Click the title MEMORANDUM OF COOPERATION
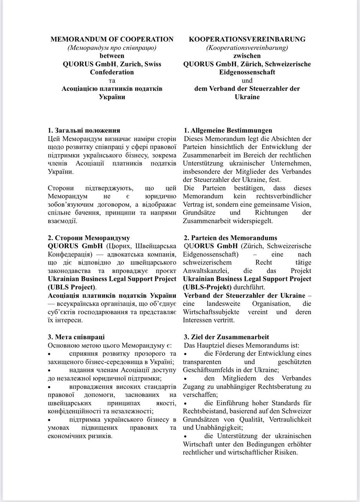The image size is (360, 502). [x=112, y=39]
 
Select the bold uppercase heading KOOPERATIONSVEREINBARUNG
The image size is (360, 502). [x=247, y=39]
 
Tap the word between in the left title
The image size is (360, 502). [x=112, y=56]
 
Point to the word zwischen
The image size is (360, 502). [x=247, y=56]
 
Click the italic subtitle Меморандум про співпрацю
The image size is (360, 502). [x=112, y=47]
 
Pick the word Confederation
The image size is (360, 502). [x=112, y=72]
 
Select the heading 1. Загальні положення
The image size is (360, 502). [x=84, y=130]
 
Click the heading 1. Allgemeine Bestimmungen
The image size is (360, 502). [x=228, y=130]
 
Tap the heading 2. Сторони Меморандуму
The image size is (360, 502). [x=89, y=238]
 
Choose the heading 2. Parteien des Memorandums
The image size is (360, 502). [x=231, y=238]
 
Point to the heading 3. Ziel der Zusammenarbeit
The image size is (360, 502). [x=226, y=337]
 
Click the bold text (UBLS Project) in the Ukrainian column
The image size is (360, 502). [x=71, y=287]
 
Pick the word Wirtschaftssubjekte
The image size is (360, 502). [x=212, y=312]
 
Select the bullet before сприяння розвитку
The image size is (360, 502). [x=49, y=354]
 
